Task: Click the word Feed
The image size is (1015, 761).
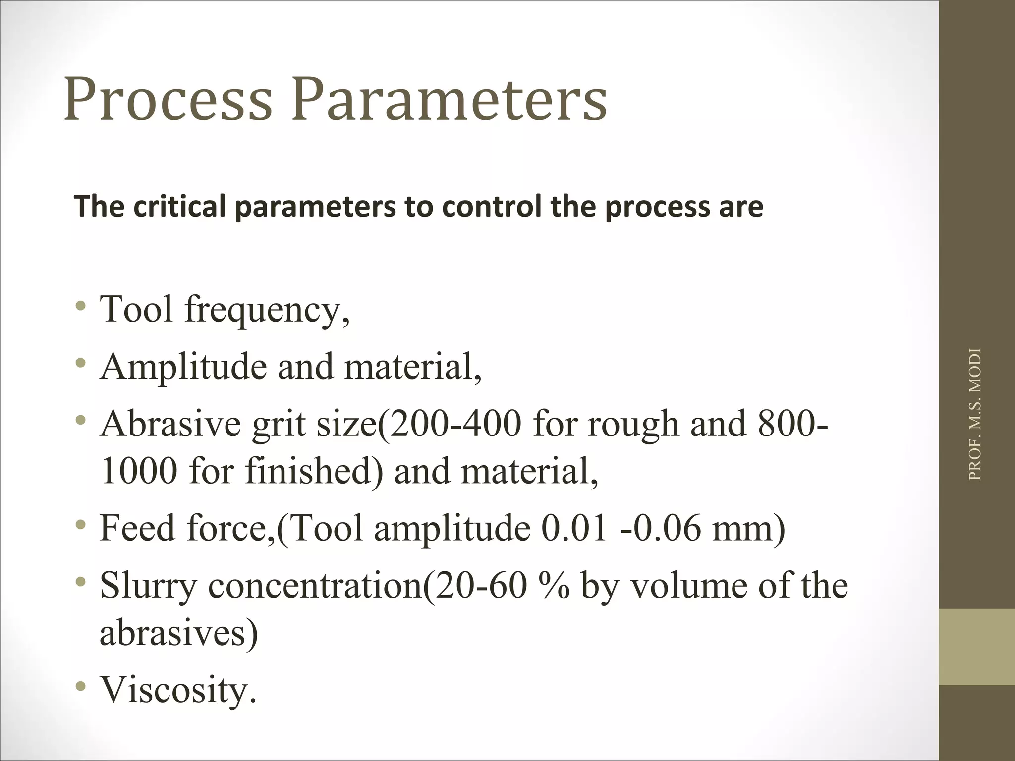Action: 138,528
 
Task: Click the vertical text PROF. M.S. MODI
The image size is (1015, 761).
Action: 974,414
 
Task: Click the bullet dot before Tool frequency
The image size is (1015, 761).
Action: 81,306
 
